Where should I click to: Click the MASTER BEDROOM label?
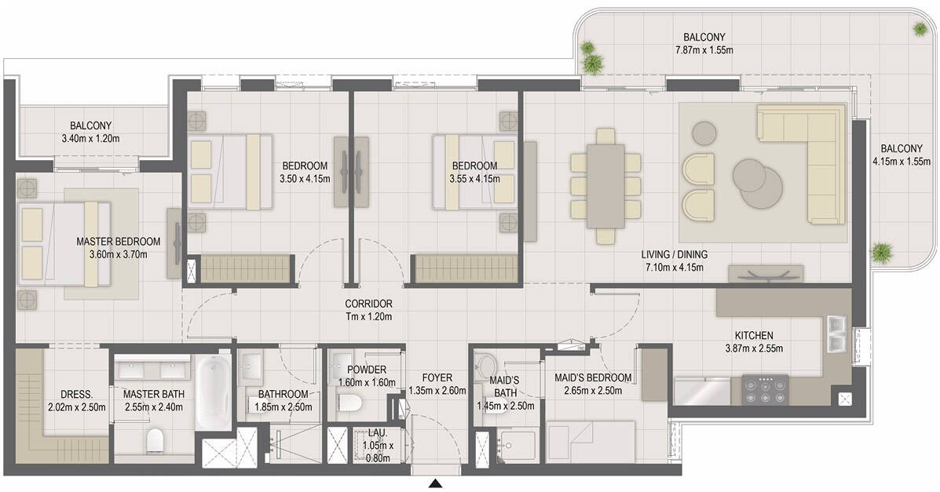[x=119, y=242]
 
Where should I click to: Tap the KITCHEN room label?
[x=754, y=336]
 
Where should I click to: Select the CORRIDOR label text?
[x=368, y=304]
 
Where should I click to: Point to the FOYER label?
[x=437, y=378]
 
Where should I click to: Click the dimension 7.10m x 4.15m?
[x=675, y=268]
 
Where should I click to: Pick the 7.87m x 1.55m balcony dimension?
[x=704, y=50]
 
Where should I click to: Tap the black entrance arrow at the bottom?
[x=437, y=484]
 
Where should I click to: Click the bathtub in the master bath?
[x=214, y=392]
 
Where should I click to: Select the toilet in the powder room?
[x=349, y=403]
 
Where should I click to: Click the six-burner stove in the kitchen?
[x=766, y=391]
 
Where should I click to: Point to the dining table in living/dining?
[x=605, y=186]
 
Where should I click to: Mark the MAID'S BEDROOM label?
[x=593, y=378]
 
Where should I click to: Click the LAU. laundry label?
[x=378, y=432]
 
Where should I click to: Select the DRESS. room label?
[x=77, y=395]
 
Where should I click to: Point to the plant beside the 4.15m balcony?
[x=881, y=253]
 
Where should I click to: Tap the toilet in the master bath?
[x=155, y=440]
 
